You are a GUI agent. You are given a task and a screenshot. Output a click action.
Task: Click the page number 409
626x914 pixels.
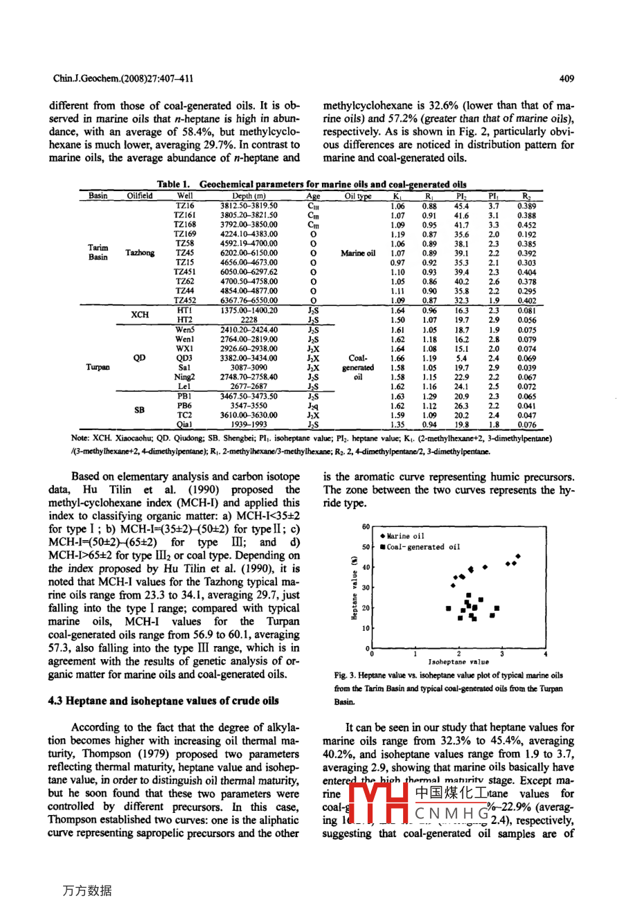point(566,79)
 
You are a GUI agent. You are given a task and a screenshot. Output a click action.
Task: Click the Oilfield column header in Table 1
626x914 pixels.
point(140,196)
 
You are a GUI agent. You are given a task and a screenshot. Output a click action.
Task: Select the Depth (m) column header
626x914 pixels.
point(249,196)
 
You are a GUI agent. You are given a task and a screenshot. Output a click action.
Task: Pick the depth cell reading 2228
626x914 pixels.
point(249,321)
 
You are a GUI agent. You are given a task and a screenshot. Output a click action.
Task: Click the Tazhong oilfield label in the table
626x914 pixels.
point(140,253)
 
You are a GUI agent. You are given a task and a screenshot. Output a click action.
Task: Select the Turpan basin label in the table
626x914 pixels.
point(98,368)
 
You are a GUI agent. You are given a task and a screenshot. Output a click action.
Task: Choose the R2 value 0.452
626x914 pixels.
point(526,225)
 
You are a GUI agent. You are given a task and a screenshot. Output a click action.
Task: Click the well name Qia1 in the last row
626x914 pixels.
point(184,425)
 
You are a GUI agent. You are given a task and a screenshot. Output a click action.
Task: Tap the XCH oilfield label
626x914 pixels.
point(140,315)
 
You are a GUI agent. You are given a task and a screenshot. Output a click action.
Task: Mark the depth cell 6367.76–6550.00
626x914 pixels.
point(249,301)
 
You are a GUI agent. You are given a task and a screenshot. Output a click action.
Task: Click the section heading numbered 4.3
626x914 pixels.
point(163,701)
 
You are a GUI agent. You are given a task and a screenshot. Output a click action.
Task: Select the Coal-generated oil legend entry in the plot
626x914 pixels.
point(422,547)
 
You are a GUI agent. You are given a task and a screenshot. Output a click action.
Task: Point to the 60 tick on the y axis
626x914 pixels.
point(366,527)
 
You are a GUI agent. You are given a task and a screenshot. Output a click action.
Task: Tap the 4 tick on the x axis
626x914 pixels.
point(546,653)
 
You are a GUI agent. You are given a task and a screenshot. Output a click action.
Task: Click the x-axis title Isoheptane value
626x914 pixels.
point(458,662)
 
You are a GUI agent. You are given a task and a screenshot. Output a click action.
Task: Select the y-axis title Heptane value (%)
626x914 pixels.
point(354,588)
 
